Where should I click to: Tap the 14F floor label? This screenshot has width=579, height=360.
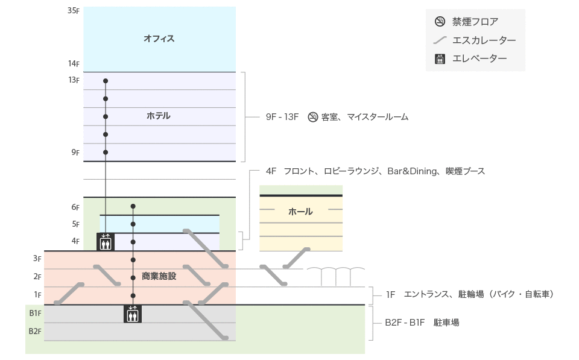(x=74, y=64)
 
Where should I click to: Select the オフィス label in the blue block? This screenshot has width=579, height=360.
(x=159, y=39)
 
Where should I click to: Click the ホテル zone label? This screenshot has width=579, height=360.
(x=159, y=116)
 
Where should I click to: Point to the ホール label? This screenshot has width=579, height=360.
(x=300, y=212)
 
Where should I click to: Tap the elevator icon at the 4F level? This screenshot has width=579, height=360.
(x=106, y=242)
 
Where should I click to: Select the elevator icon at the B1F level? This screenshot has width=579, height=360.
(x=133, y=314)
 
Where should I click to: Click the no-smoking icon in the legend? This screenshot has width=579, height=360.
(x=440, y=22)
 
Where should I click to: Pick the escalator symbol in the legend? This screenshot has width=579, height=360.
(x=440, y=40)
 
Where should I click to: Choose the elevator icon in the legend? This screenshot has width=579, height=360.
(x=440, y=58)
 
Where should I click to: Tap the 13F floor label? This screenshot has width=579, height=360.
(x=74, y=80)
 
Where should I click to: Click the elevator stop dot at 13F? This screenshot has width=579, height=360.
(x=106, y=81)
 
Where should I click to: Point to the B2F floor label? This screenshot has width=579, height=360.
(x=35, y=332)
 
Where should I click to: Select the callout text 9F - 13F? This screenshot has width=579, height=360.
(x=282, y=117)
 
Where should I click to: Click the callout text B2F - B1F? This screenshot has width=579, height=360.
(x=405, y=323)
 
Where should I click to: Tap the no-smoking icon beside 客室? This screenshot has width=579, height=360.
(x=312, y=117)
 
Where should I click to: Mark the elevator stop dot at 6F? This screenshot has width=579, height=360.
(x=133, y=206)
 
